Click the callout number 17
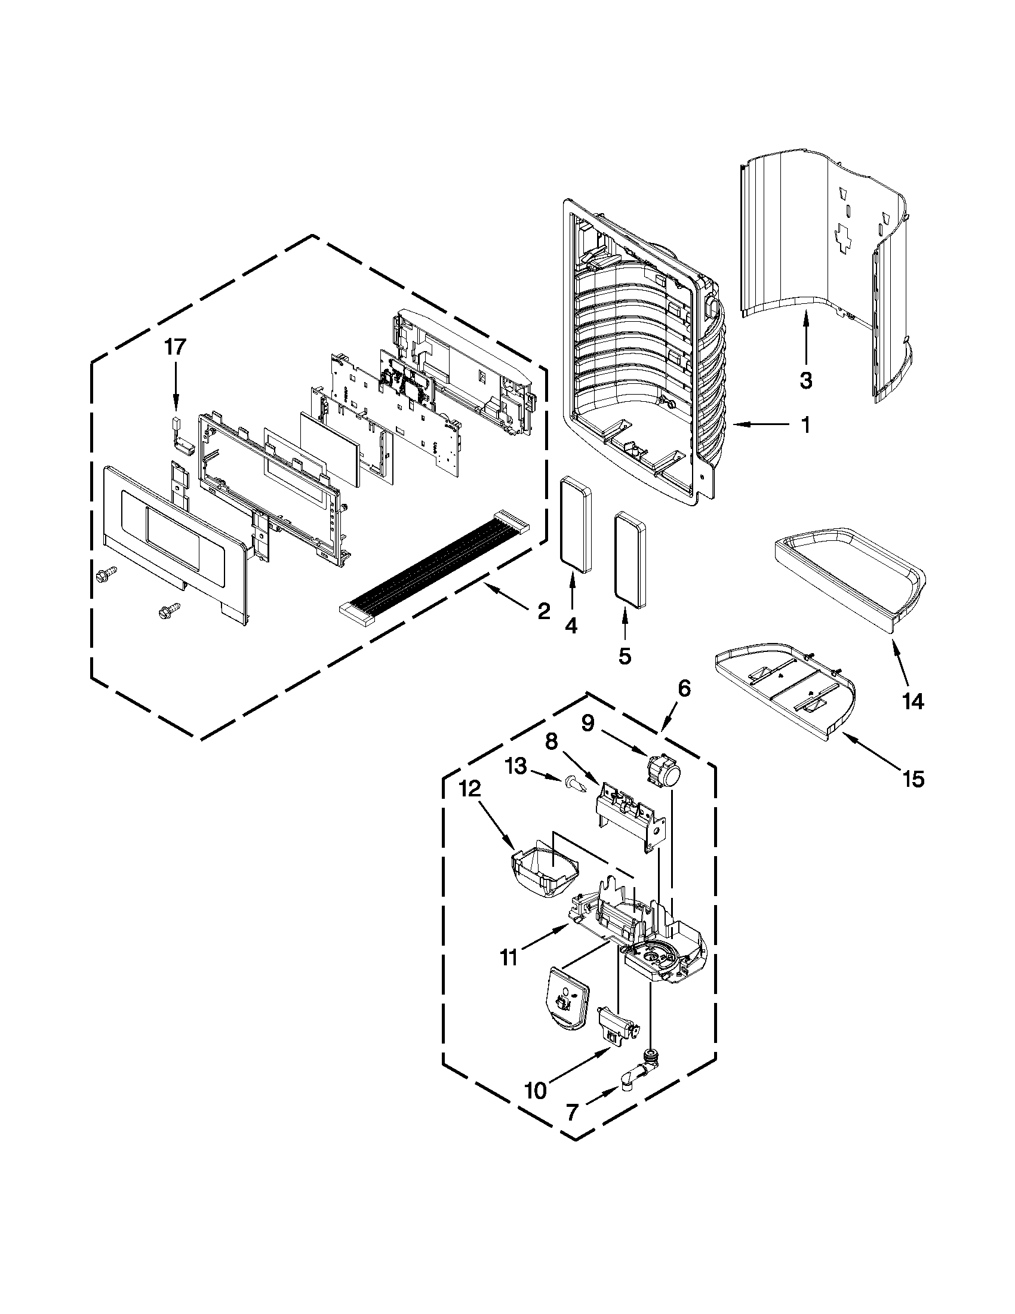pos(176,347)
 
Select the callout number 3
pos(805,380)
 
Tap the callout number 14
pos(913,701)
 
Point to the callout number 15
pos(913,778)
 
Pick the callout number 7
pos(572,1112)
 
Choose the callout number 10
pos(536,1090)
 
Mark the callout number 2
pos(543,613)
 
